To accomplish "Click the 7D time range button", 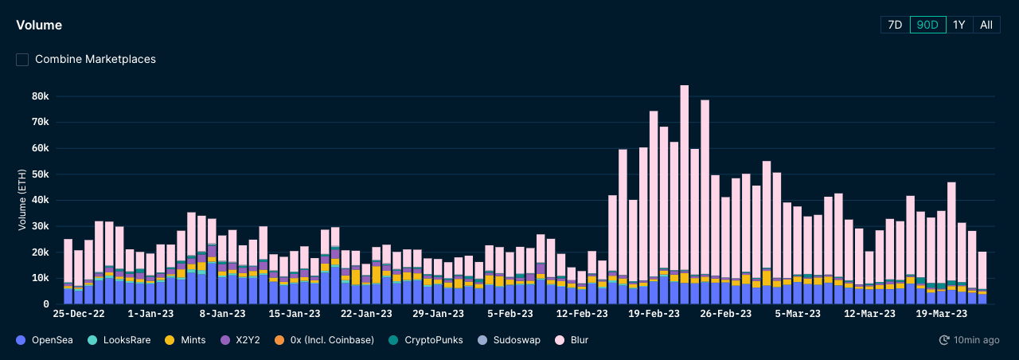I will pos(895,25).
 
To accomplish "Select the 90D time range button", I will pos(927,25).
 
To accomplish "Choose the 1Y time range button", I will pos(959,25).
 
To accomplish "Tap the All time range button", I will pos(986,25).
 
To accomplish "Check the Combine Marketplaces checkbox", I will pos(22,59).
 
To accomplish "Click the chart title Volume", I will pos(39,25).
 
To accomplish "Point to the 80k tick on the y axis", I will pos(40,96).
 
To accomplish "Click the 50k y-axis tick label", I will pos(40,174).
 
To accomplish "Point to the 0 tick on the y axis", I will pos(46,304).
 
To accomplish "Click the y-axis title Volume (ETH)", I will pos(22,200).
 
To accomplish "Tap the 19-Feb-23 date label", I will pos(654,315).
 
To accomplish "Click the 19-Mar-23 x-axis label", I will pos(942,315).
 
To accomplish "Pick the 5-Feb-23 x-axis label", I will pos(510,315).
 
